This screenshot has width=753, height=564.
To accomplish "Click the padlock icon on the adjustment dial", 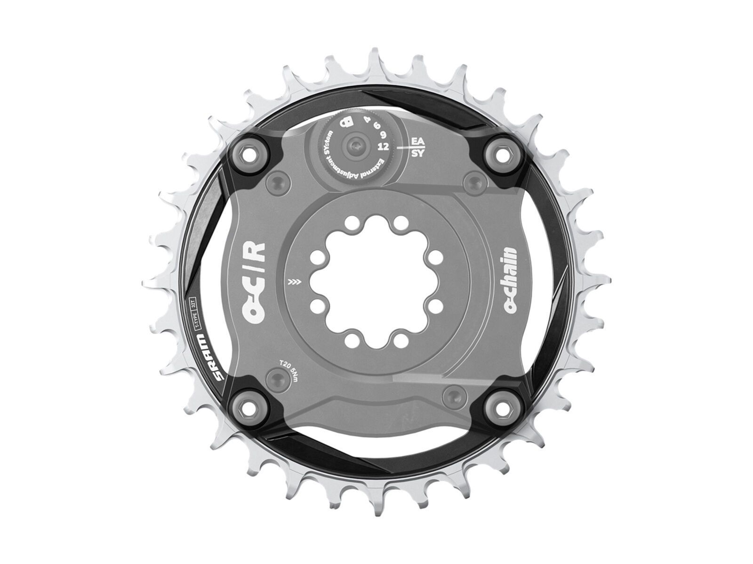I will [x=347, y=122].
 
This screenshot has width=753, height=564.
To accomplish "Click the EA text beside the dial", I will [x=417, y=141].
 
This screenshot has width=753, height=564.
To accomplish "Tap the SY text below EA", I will [x=417, y=154].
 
